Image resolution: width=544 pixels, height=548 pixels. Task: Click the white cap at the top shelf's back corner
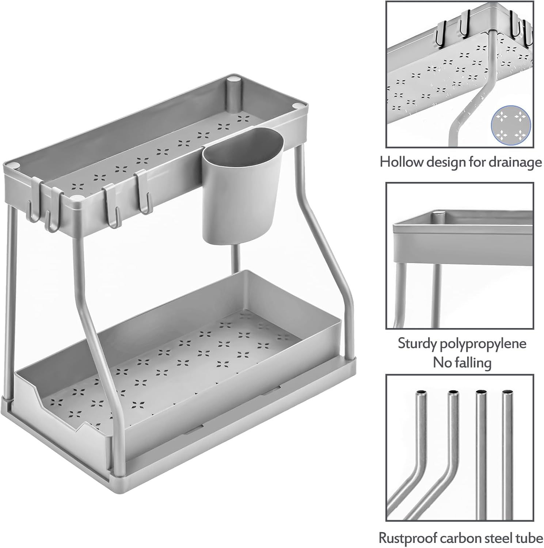[233, 79]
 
